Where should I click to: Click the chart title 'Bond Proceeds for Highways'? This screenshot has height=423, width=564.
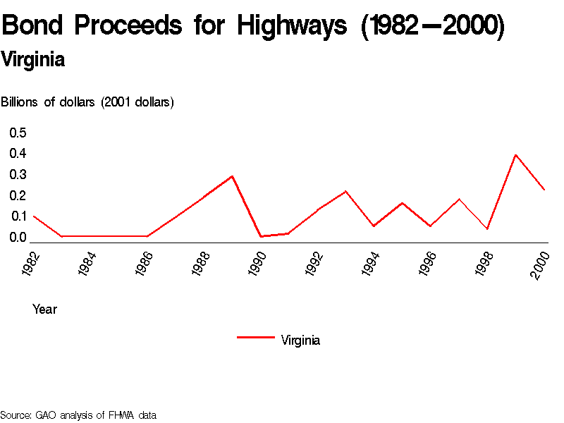coord(253,27)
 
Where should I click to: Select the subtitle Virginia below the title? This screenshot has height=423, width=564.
coord(33,60)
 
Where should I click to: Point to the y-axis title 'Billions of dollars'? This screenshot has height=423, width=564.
coord(87,102)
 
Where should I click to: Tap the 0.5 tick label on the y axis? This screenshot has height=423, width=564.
coord(18,133)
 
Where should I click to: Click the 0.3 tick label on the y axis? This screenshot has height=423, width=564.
coord(18,174)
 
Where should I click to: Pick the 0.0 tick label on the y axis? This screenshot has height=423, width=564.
coord(18,238)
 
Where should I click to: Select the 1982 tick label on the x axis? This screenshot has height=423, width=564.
coord(30,263)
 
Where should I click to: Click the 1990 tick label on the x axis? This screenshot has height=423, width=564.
coord(257,263)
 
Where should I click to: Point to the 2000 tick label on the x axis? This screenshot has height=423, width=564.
coord(541,263)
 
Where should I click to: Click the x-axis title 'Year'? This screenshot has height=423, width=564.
coord(44,309)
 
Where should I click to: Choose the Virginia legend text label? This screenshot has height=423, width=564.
coord(300,341)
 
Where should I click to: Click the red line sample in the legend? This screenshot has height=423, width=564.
coord(255,338)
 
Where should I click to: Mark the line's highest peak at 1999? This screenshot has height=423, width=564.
coord(515,155)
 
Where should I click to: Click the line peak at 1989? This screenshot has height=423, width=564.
coord(232,176)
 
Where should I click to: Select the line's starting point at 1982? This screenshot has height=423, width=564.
coord(33,216)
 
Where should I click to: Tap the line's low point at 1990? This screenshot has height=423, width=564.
coord(260,236)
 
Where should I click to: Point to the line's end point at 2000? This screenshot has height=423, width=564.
coord(544,190)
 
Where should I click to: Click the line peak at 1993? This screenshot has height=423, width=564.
coord(345,191)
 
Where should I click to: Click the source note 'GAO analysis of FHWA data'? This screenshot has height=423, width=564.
coord(78,415)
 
